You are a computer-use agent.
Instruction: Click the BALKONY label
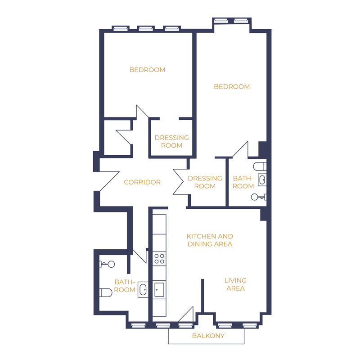click(x=208, y=336)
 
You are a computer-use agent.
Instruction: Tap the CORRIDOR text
click(x=142, y=182)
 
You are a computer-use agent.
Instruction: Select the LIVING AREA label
click(x=235, y=284)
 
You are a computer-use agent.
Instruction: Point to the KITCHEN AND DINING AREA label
click(x=210, y=240)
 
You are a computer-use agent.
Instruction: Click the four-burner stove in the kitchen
click(x=159, y=258)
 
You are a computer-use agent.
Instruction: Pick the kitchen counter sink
click(x=159, y=290)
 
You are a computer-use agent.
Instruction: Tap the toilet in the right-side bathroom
click(x=260, y=166)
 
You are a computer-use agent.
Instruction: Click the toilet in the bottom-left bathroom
click(x=106, y=292)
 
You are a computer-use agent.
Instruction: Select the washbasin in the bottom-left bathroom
click(x=143, y=289)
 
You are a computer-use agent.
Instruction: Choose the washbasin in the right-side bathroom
click(x=262, y=180)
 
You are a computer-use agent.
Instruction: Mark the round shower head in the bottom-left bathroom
click(x=111, y=264)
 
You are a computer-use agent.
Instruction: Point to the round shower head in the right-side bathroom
click(x=254, y=197)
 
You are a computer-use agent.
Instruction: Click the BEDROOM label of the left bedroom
click(x=148, y=70)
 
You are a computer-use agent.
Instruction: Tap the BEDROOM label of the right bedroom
click(x=232, y=86)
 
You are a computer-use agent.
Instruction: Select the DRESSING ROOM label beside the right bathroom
click(x=205, y=182)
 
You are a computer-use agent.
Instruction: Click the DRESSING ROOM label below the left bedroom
click(x=172, y=141)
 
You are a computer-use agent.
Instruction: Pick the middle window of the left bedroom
click(x=146, y=28)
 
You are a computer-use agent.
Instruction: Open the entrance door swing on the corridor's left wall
click(x=109, y=181)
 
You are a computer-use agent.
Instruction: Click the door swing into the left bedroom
click(x=142, y=112)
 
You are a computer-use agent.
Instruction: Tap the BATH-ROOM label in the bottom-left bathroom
click(x=125, y=286)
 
